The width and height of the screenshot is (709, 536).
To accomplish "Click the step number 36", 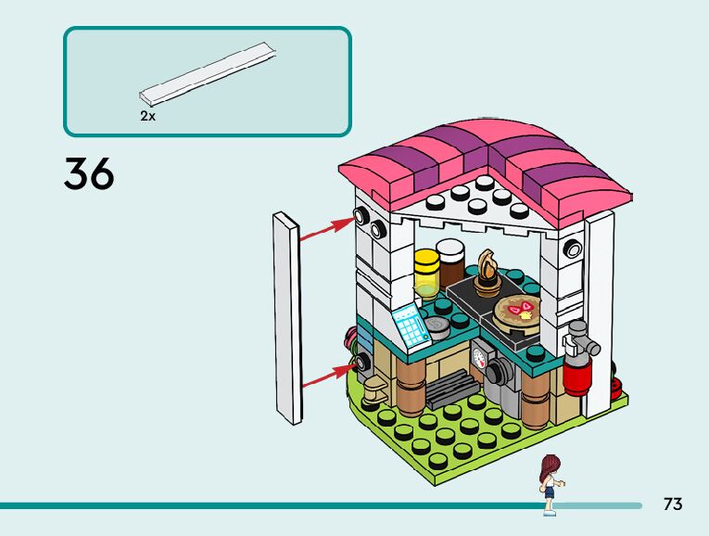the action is tap(89, 173).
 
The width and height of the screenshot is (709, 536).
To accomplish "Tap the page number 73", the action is tap(673, 504).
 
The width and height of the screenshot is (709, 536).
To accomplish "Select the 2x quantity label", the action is tap(147, 117).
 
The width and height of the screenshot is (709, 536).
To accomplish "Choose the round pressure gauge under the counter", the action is tap(479, 355).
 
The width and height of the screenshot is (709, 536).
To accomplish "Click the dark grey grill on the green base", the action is tap(451, 387).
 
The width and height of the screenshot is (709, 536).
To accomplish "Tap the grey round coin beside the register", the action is tap(435, 325).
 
